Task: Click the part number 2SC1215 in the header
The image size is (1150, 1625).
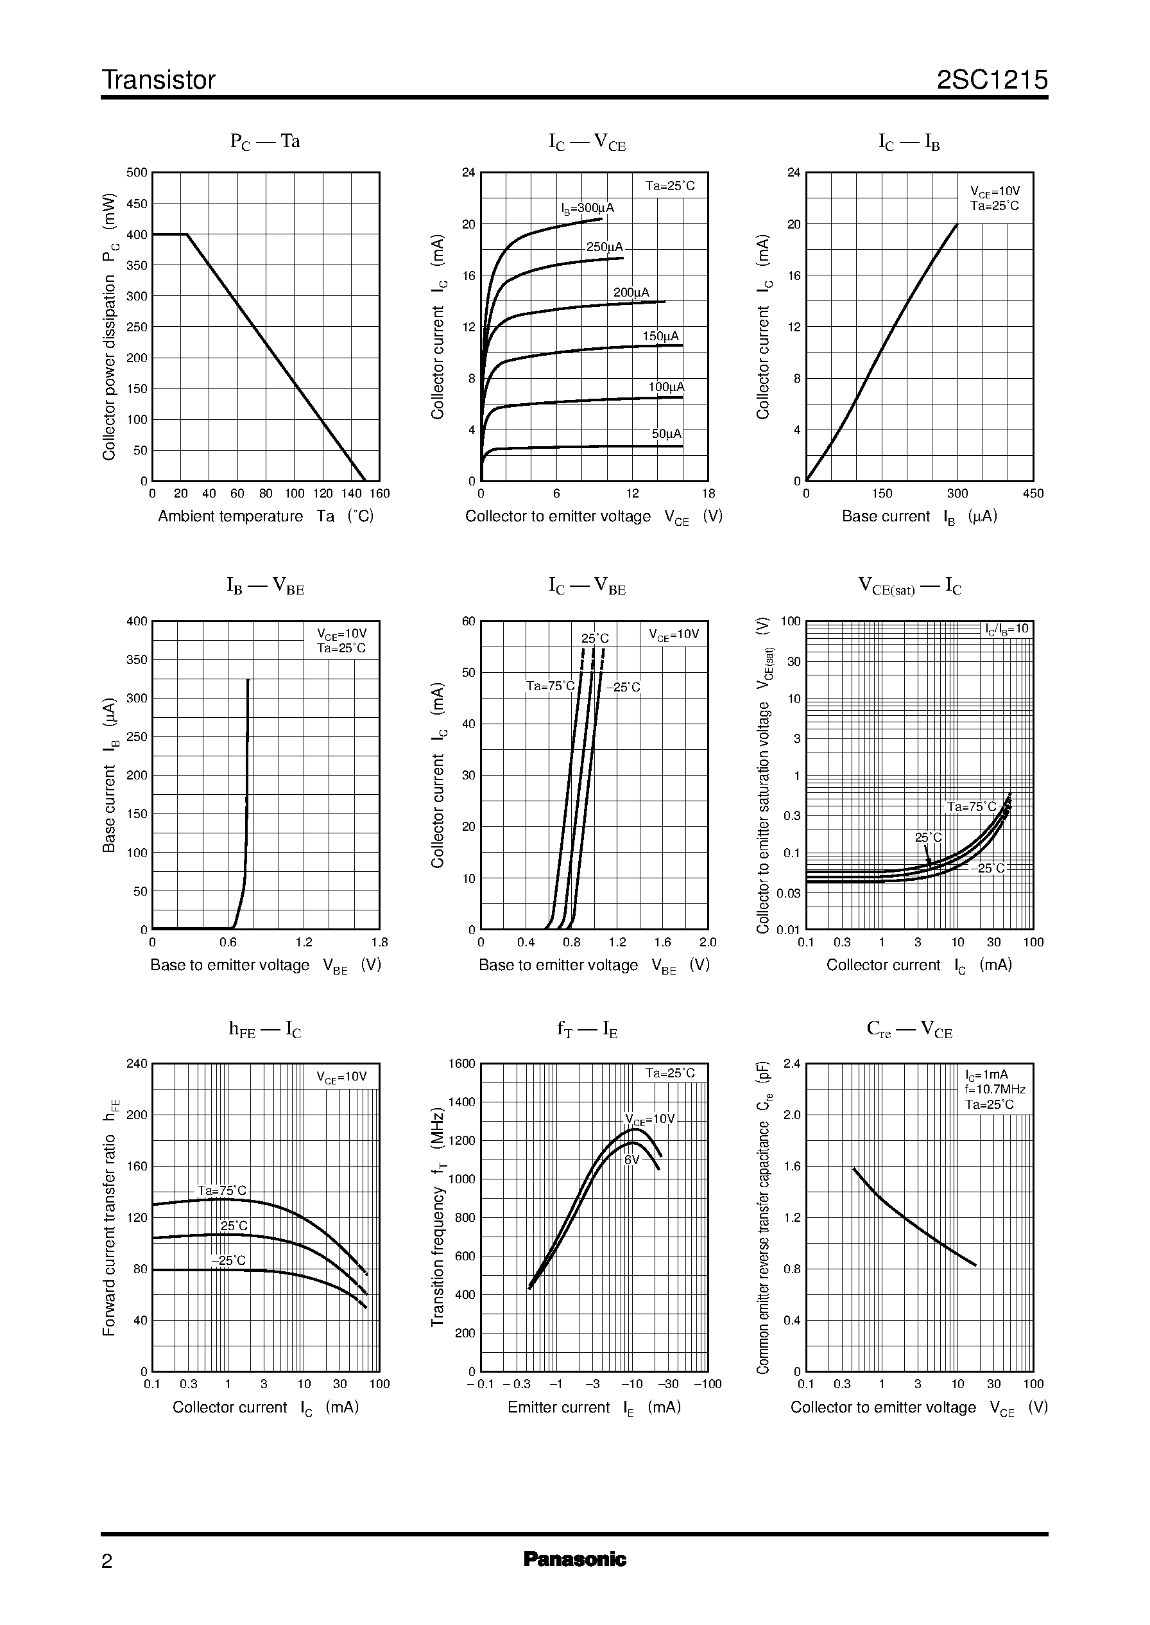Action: tap(991, 80)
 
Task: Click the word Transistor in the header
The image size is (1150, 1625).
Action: tap(159, 80)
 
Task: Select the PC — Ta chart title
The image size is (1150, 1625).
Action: tap(265, 142)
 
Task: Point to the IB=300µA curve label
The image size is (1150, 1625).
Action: tap(587, 208)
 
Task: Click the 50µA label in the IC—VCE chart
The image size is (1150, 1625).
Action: tap(666, 433)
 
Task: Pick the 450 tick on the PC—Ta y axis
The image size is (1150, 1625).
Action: tap(137, 204)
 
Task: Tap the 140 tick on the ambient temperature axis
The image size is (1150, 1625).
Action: tap(351, 494)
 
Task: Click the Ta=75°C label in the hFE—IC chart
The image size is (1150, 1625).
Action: tap(221, 1191)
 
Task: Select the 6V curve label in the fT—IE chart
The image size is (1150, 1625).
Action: tap(631, 1160)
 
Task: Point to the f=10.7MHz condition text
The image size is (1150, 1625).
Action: tap(995, 1090)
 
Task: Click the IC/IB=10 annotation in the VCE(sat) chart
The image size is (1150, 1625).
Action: tap(1007, 629)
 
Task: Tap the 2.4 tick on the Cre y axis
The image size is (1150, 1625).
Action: tap(792, 1063)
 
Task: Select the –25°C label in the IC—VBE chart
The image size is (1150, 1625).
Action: tap(623, 687)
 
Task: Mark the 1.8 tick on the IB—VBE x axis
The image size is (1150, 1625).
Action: tap(379, 942)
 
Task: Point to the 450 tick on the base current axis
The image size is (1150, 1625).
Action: tap(1033, 494)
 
